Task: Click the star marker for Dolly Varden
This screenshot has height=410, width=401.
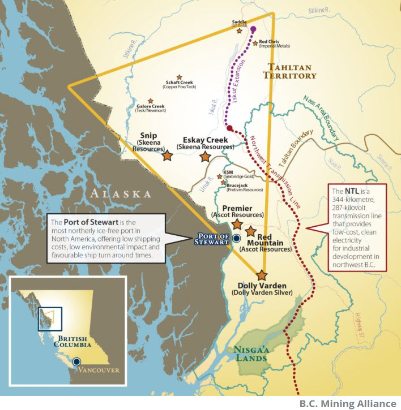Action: pyautogui.click(x=262, y=275)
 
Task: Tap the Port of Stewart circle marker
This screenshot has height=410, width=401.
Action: pyautogui.click(x=236, y=239)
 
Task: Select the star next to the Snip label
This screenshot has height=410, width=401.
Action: pyautogui.click(x=167, y=154)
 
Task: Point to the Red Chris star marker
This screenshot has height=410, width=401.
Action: pyautogui.click(x=254, y=41)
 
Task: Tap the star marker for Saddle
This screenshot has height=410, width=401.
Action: pyautogui.click(x=239, y=32)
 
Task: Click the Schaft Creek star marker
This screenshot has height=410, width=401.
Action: pyautogui.click(x=180, y=77)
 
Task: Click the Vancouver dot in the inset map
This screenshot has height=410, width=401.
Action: pyautogui.click(x=76, y=361)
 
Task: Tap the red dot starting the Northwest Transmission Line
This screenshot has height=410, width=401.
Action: pyautogui.click(x=230, y=128)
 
